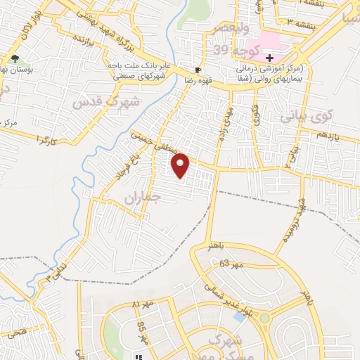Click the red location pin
(x=181, y=165)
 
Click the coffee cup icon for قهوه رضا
(x=198, y=70)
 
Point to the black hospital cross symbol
(x=269, y=57)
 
